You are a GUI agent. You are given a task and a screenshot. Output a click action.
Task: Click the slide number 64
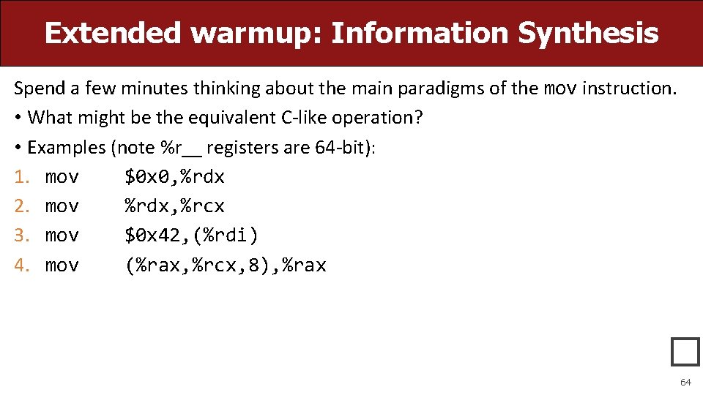tap(685, 382)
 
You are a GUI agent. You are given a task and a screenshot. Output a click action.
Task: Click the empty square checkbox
tap(685, 352)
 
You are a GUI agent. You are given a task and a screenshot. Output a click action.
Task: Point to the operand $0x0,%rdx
tap(174, 177)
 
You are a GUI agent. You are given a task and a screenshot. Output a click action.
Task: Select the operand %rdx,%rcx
tap(174, 206)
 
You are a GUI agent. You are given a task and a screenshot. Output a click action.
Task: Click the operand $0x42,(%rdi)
tap(191, 236)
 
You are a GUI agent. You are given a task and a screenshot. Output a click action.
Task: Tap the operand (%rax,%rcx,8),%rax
tap(225, 265)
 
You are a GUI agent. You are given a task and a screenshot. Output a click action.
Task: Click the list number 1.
tap(20, 177)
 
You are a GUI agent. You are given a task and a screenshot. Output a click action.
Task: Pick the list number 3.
tap(20, 236)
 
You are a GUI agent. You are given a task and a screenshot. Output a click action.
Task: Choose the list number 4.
tap(20, 265)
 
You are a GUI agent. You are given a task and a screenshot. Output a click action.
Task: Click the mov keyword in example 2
tap(62, 206)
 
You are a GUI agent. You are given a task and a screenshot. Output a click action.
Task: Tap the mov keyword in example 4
tap(62, 265)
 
